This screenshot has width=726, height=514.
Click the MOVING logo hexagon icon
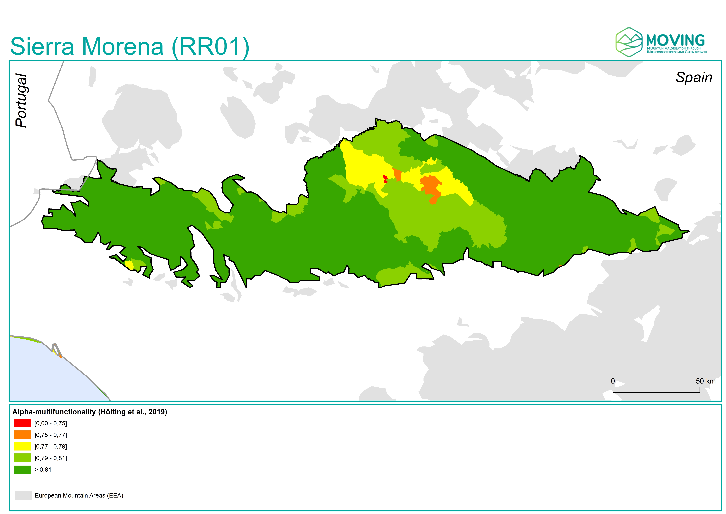629,42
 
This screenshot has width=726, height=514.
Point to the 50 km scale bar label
705,381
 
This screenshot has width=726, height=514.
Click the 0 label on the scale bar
613,381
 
